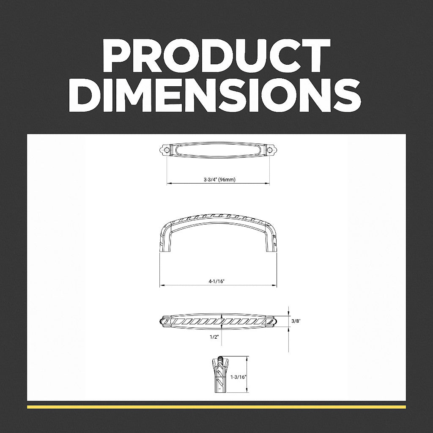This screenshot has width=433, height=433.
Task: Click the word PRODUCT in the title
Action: pos(217,56)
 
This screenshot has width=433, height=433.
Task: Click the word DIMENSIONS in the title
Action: pos(215,95)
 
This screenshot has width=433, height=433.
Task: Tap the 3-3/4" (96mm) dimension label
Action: pos(219,179)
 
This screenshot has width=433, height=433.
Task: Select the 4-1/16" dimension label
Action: pos(217,281)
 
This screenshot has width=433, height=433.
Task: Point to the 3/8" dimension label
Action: pos(296,321)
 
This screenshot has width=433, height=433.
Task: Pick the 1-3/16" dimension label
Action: pos(238,377)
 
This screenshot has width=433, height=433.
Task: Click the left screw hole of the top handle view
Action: pos(167,150)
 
